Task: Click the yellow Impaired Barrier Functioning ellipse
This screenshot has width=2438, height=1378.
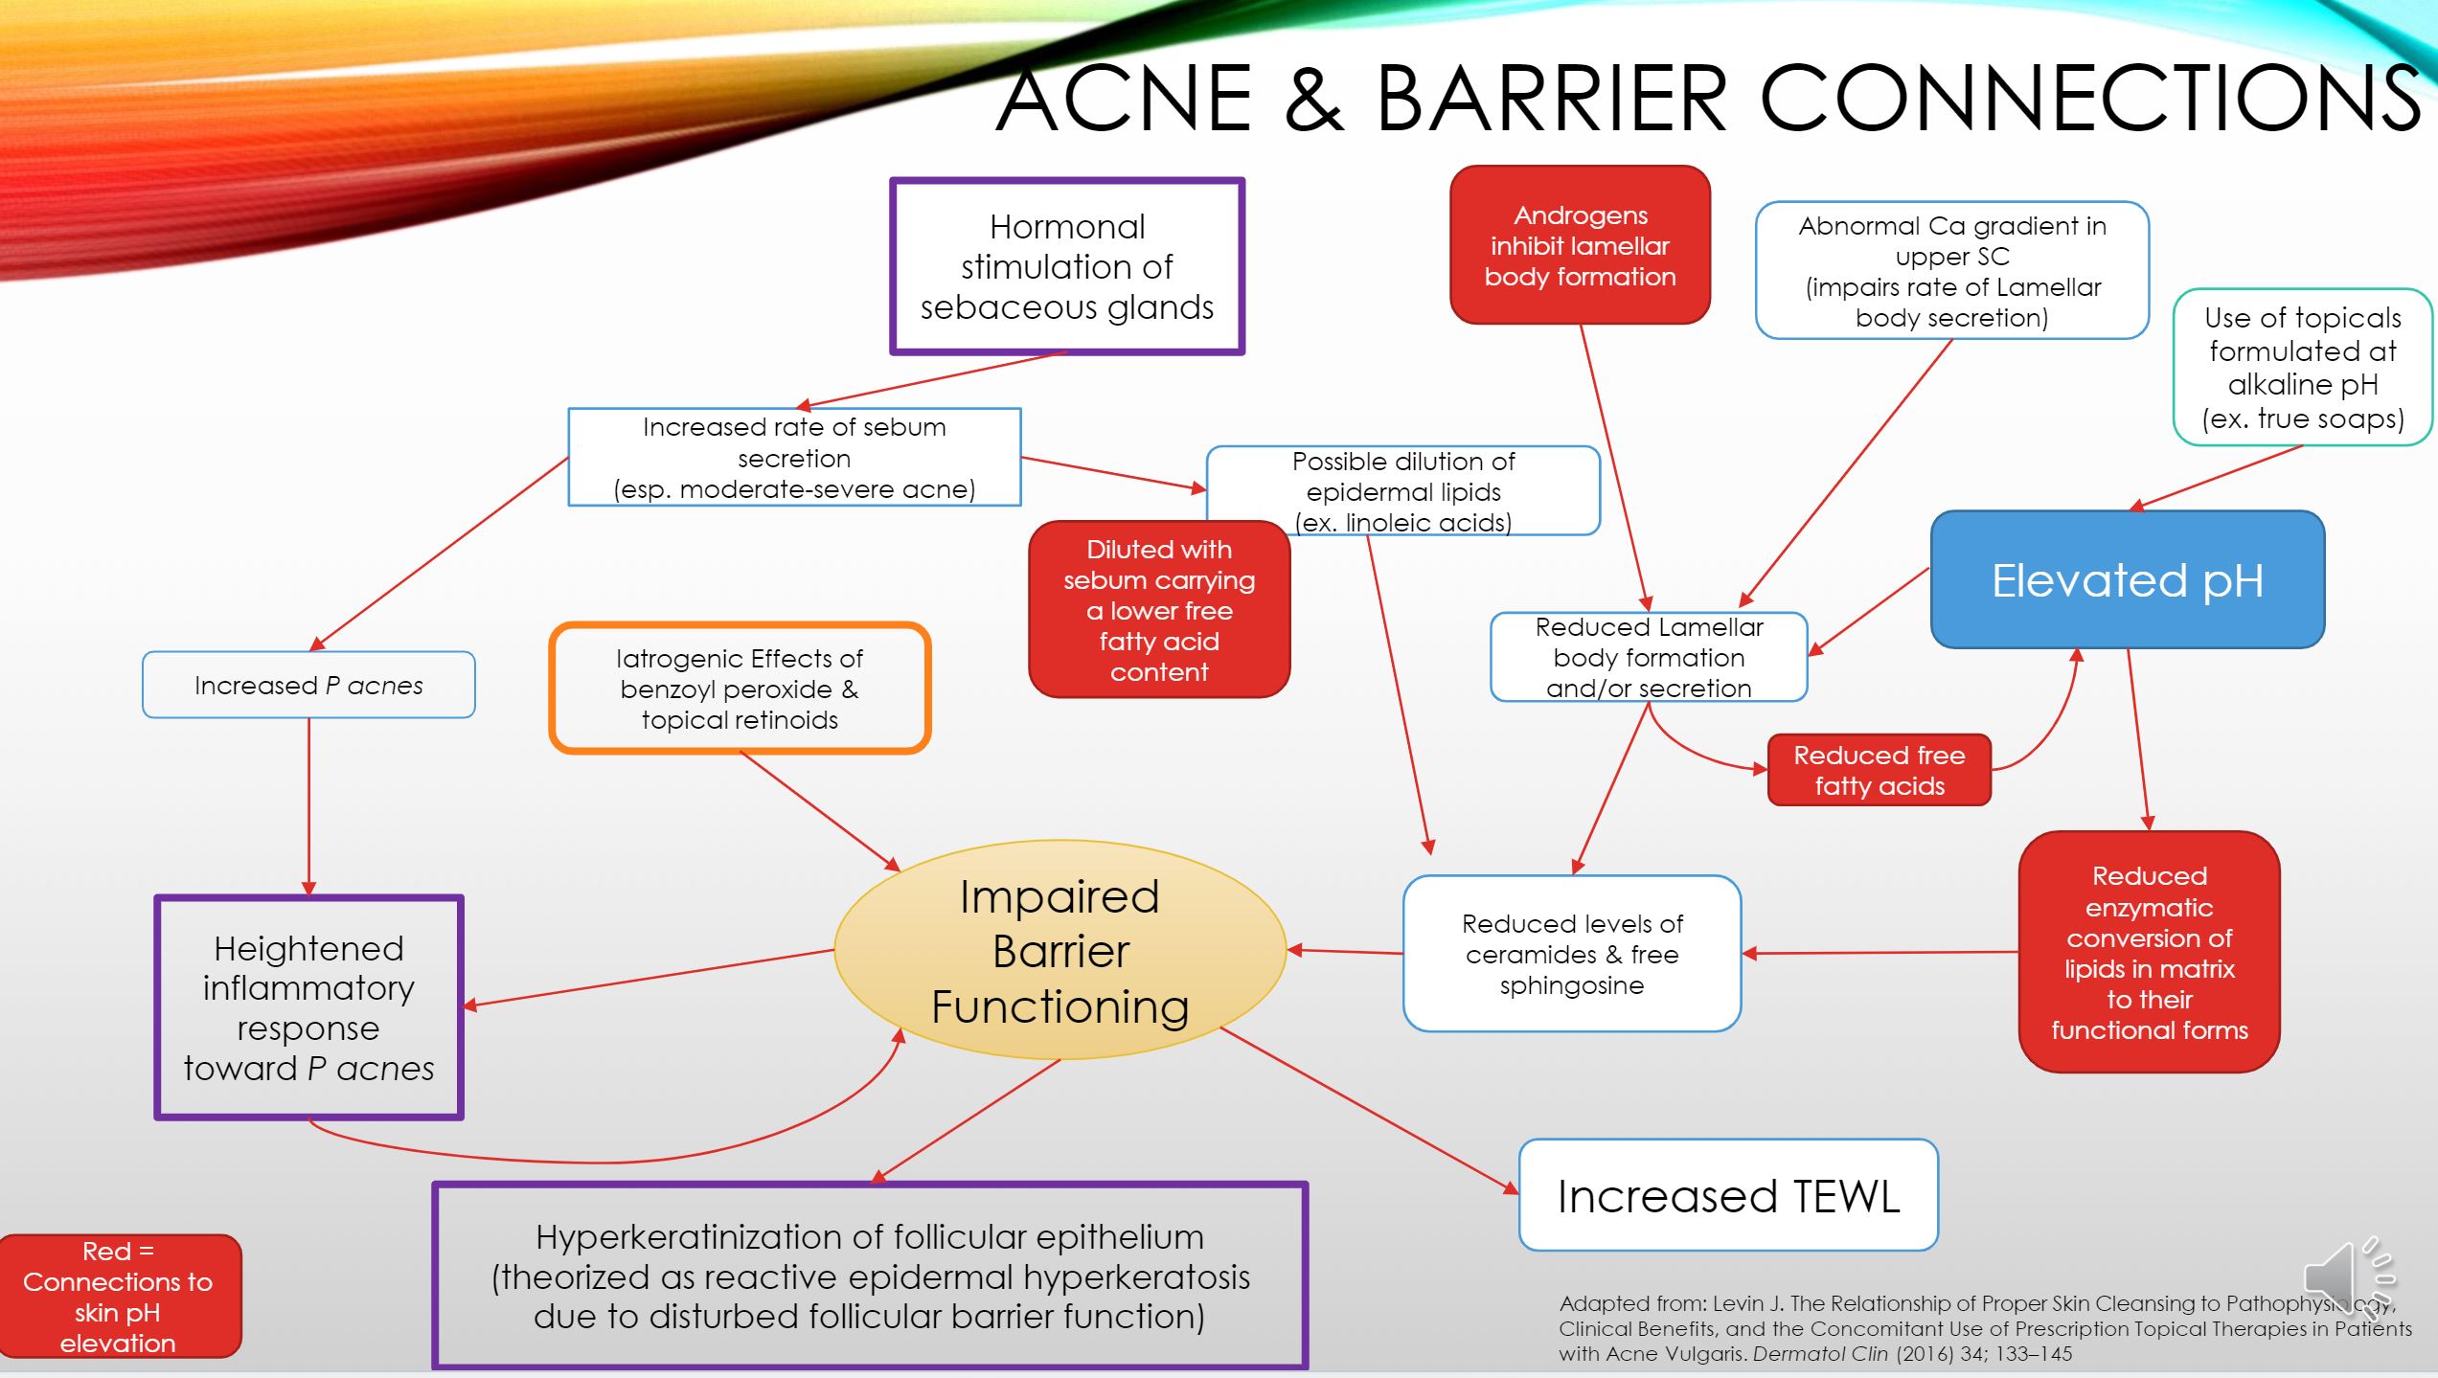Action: point(1060,950)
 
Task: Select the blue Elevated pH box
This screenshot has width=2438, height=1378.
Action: point(2128,579)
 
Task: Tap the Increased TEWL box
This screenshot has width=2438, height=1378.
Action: point(1728,1195)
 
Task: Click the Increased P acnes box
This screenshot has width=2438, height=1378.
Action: point(308,685)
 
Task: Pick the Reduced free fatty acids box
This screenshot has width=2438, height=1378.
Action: point(1879,770)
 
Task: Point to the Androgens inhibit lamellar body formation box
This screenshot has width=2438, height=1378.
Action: point(1580,245)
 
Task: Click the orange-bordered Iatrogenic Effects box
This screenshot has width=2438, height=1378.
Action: point(740,689)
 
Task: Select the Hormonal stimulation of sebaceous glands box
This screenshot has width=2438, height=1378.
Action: point(1067,266)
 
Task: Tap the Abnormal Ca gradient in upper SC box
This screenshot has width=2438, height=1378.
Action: point(1951,271)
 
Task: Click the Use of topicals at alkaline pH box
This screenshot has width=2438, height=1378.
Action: point(2302,368)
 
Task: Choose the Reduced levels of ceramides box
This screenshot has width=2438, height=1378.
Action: point(1572,954)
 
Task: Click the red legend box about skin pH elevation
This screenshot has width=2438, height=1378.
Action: point(118,1296)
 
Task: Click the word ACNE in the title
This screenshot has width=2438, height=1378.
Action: point(1125,98)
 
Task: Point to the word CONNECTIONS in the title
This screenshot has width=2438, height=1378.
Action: point(2088,98)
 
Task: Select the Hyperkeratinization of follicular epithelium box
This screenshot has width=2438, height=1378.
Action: point(870,1276)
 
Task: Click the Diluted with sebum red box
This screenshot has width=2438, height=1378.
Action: point(1159,610)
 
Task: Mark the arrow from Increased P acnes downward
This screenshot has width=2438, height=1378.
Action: point(308,806)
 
